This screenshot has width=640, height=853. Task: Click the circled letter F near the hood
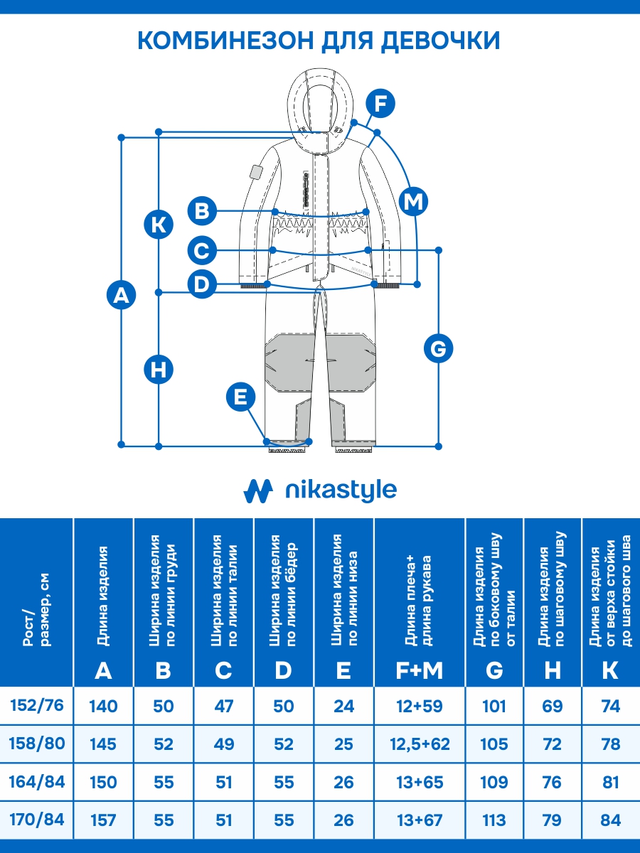coord(380,104)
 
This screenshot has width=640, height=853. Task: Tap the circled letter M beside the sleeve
coord(413,202)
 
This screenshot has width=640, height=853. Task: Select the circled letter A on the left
coord(122,294)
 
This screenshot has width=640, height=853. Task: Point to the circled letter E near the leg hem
coord(241,397)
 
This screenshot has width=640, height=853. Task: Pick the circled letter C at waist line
coord(202,250)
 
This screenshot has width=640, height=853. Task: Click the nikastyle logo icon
coord(258,490)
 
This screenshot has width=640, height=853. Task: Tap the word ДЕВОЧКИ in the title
coord(441,41)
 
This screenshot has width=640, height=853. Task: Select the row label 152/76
coord(37,706)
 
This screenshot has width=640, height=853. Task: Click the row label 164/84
coord(37,782)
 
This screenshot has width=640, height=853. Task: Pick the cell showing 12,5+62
coord(420,744)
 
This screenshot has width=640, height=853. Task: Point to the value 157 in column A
coord(103,820)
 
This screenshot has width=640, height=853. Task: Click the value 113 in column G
coord(494,820)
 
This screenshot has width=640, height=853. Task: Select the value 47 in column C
coord(223,707)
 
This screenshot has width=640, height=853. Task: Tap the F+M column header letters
coord(420,670)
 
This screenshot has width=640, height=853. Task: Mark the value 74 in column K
coord(610,707)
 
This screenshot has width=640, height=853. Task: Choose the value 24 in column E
coord(343,707)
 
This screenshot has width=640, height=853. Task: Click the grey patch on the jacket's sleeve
coord(255,173)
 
